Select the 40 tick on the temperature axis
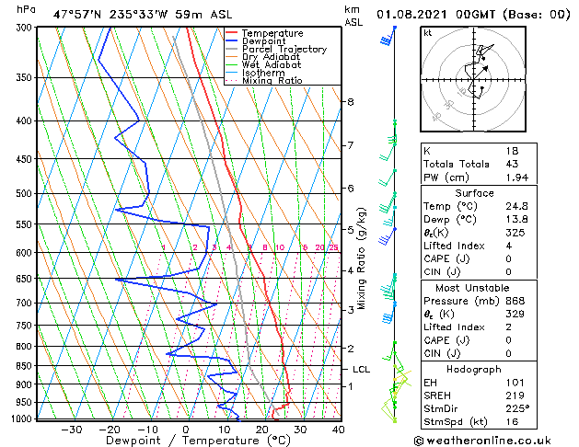[x=339, y=429]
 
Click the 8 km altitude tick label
[x=351, y=102]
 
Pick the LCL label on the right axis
[x=362, y=369]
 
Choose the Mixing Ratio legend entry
[x=272, y=81]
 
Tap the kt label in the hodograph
[x=428, y=33]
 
